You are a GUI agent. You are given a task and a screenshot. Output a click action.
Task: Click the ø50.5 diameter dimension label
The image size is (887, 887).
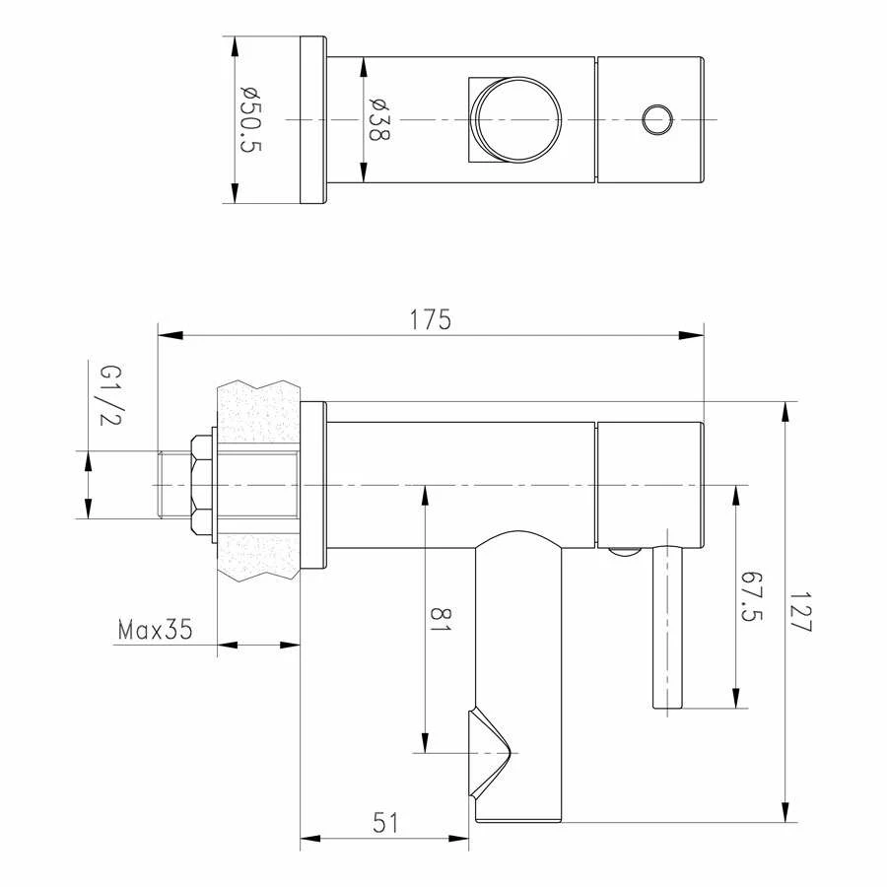pyautogui.click(x=251, y=120)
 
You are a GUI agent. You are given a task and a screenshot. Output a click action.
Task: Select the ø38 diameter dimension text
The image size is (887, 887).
pyautogui.click(x=379, y=119)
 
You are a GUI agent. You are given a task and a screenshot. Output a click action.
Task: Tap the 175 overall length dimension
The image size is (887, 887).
pyautogui.click(x=431, y=319)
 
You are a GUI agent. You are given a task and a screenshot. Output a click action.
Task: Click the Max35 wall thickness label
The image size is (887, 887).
pyautogui.click(x=156, y=630)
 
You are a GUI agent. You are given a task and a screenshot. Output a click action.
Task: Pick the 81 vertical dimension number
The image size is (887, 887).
pyautogui.click(x=442, y=619)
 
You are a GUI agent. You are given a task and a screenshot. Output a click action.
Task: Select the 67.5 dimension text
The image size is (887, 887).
pyautogui.click(x=752, y=596)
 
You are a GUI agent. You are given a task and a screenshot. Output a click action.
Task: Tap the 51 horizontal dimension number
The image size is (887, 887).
pyautogui.click(x=385, y=823)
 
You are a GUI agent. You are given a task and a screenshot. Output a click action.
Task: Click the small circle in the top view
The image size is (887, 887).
pyautogui.click(x=657, y=119)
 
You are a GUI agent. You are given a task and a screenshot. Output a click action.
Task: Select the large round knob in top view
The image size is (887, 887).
pyautogui.click(x=515, y=120)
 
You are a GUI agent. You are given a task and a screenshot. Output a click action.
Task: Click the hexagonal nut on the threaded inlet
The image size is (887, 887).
pyautogui.click(x=201, y=485)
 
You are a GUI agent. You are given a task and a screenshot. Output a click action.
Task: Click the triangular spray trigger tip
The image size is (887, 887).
pyautogui.click(x=512, y=753)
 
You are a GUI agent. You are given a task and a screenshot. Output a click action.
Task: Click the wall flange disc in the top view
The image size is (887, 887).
pyautogui.click(x=313, y=120)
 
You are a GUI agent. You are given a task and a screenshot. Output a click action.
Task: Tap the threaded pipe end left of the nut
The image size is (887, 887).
pyautogui.click(x=175, y=485)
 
